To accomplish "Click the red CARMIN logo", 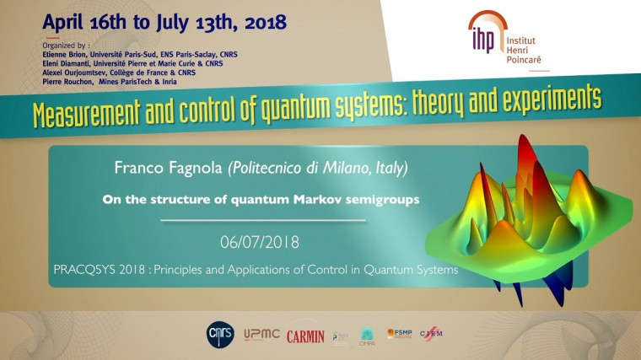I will pos(305,336).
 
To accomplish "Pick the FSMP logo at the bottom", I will pos(400,334).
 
